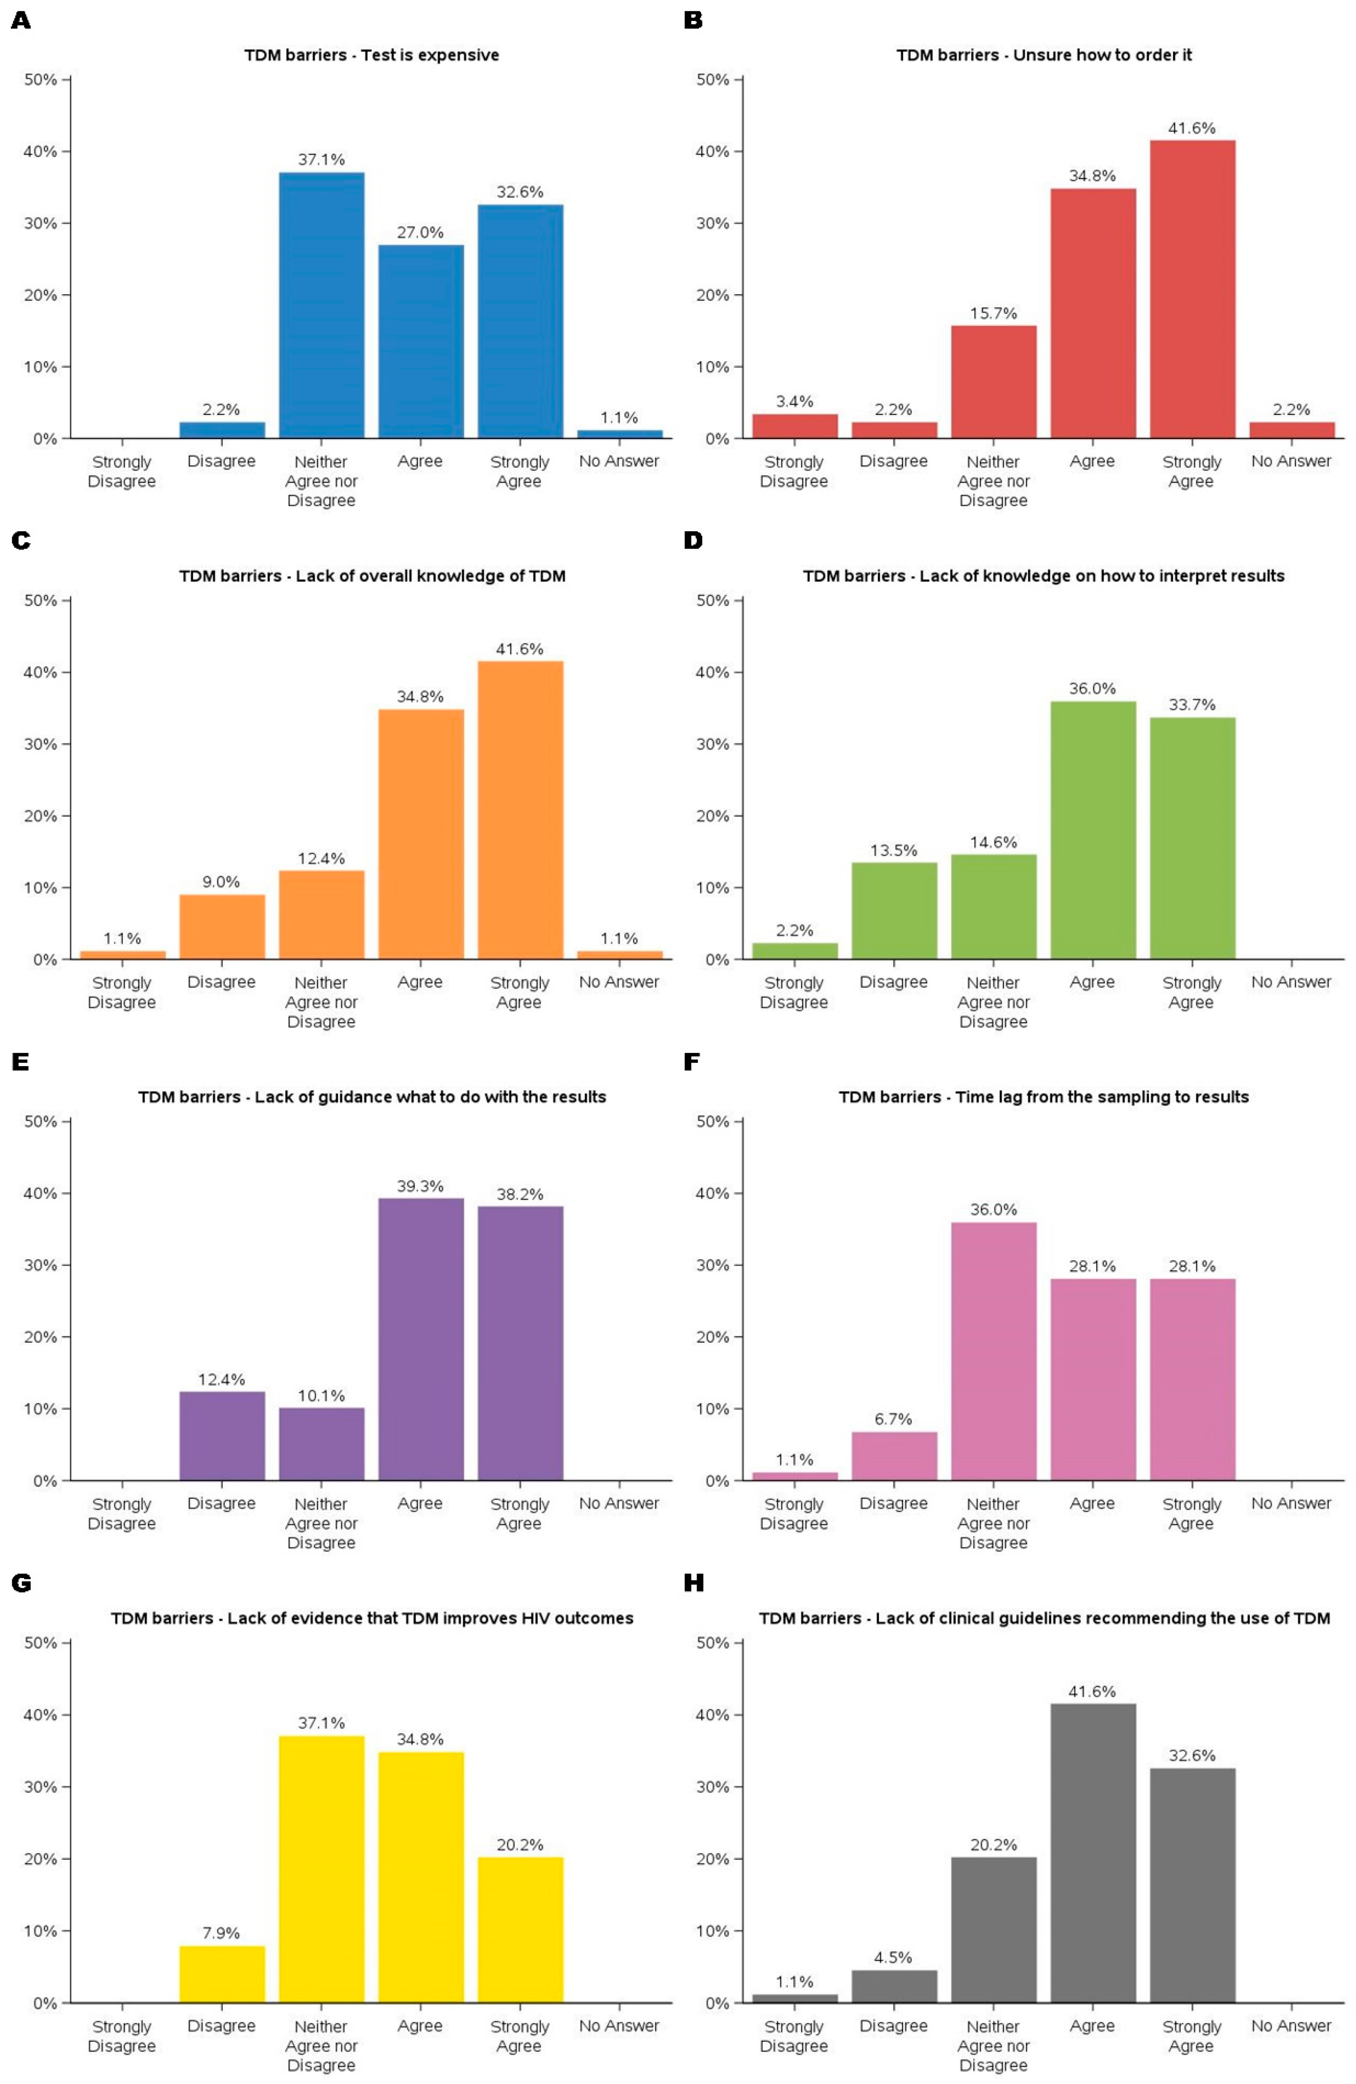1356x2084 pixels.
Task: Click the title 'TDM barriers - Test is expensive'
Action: click(371, 55)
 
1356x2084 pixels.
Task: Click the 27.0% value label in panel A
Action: click(420, 232)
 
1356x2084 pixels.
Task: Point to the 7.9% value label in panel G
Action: click(222, 1933)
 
